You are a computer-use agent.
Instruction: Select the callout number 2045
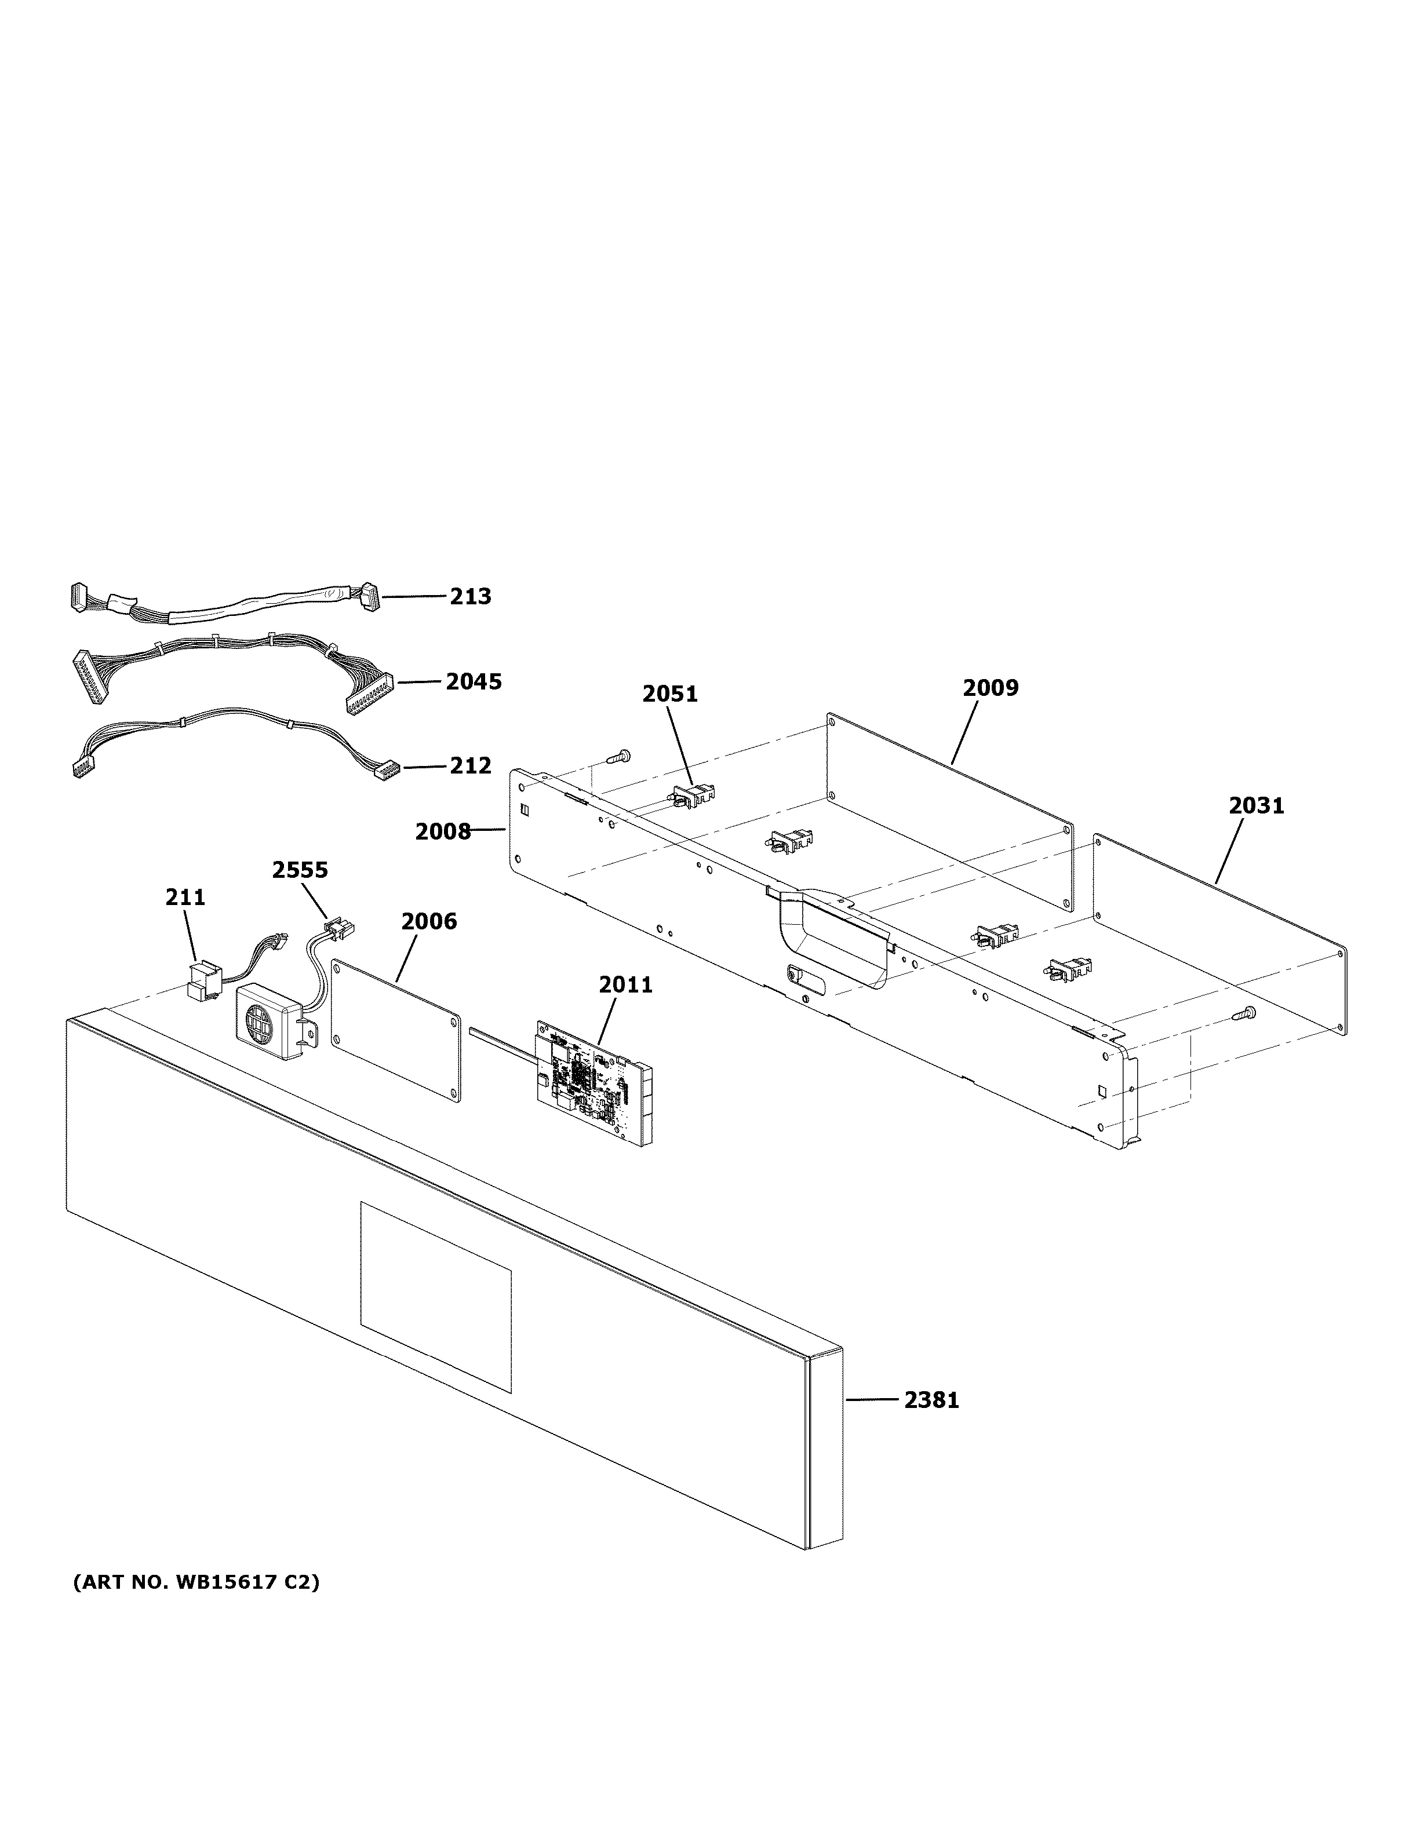point(474,681)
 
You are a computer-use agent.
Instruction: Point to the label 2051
point(669,694)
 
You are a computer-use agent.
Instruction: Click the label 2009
point(991,688)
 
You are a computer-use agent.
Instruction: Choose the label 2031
point(1256,806)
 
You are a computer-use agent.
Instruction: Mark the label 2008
point(443,832)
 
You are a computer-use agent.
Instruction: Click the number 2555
point(300,870)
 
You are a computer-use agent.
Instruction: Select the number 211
point(185,898)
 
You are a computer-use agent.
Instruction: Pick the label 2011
point(625,985)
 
